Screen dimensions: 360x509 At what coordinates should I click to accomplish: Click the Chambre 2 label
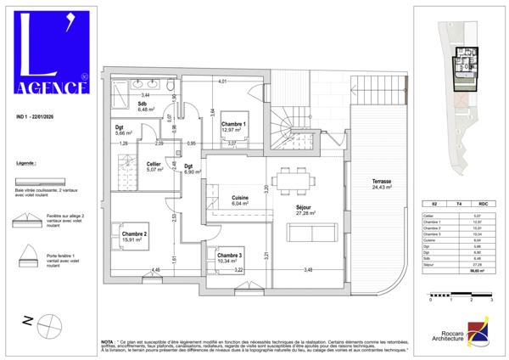[134, 237]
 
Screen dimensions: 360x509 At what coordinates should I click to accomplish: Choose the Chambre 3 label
[230, 257]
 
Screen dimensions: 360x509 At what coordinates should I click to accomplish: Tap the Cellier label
[154, 166]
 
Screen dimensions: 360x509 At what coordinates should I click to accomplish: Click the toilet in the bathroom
[171, 88]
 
